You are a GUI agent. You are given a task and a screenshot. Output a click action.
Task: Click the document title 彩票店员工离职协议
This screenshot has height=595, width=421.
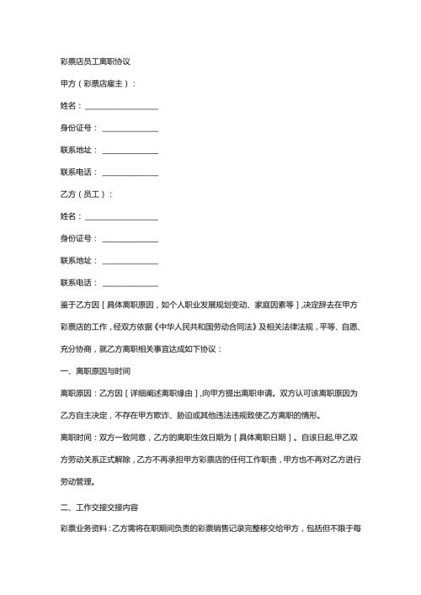click(94, 61)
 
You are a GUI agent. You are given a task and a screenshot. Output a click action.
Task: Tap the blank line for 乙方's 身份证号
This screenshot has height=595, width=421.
click(130, 238)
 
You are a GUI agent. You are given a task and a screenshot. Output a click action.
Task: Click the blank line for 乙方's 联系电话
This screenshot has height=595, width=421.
click(130, 282)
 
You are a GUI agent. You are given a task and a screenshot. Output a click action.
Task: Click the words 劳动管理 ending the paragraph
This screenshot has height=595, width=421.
click(75, 481)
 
